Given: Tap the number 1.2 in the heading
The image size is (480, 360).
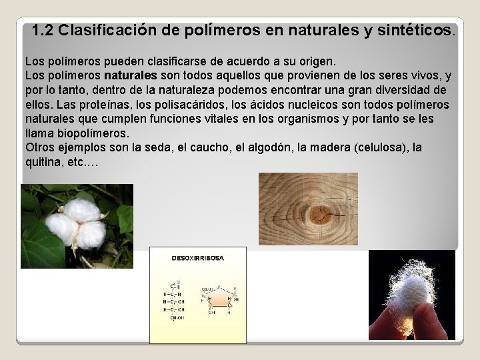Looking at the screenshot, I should pos(43,31).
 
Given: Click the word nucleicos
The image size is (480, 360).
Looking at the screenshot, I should pos(307,105).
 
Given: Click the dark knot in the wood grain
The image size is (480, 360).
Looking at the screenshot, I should pos(325,214).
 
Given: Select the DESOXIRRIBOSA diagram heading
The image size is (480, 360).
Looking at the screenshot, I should pos(198,257).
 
